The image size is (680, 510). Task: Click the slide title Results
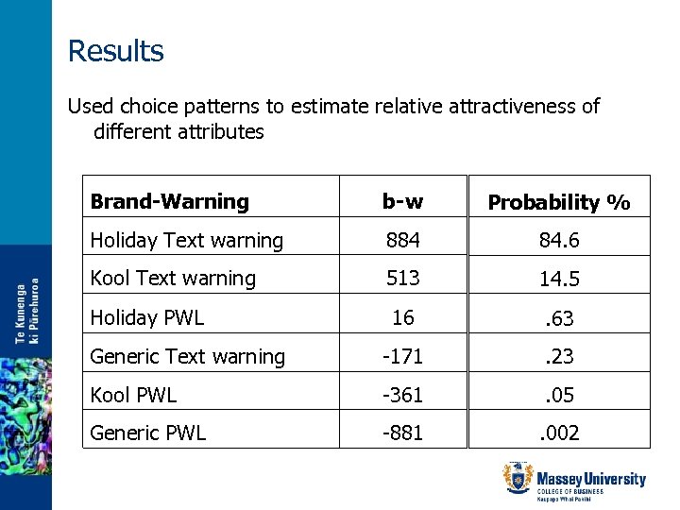click(x=115, y=50)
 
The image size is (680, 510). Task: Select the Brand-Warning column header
click(x=169, y=201)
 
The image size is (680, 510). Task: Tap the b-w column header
click(x=402, y=201)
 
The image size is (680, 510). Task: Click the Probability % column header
click(x=559, y=202)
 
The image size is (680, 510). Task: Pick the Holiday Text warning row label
click(x=186, y=241)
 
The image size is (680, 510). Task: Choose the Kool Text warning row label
click(x=173, y=279)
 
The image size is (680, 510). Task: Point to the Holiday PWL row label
click(x=146, y=318)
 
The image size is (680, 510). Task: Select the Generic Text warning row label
click(x=187, y=357)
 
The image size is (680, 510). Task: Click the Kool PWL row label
click(x=133, y=396)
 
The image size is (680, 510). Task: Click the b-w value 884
click(x=403, y=241)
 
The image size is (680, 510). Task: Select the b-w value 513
click(x=403, y=279)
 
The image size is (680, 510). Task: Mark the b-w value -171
click(x=403, y=357)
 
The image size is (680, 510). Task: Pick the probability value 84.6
click(x=559, y=241)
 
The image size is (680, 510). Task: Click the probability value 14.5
click(x=559, y=280)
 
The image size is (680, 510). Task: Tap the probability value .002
click(x=559, y=434)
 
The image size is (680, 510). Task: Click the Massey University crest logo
click(x=518, y=478)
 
